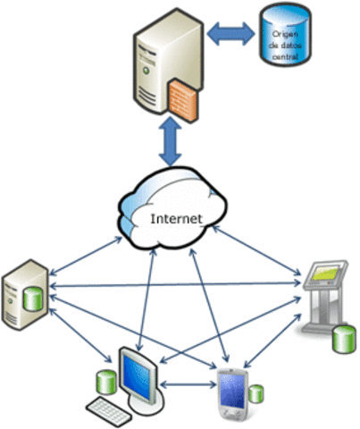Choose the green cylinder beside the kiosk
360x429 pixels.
pos(340,341)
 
